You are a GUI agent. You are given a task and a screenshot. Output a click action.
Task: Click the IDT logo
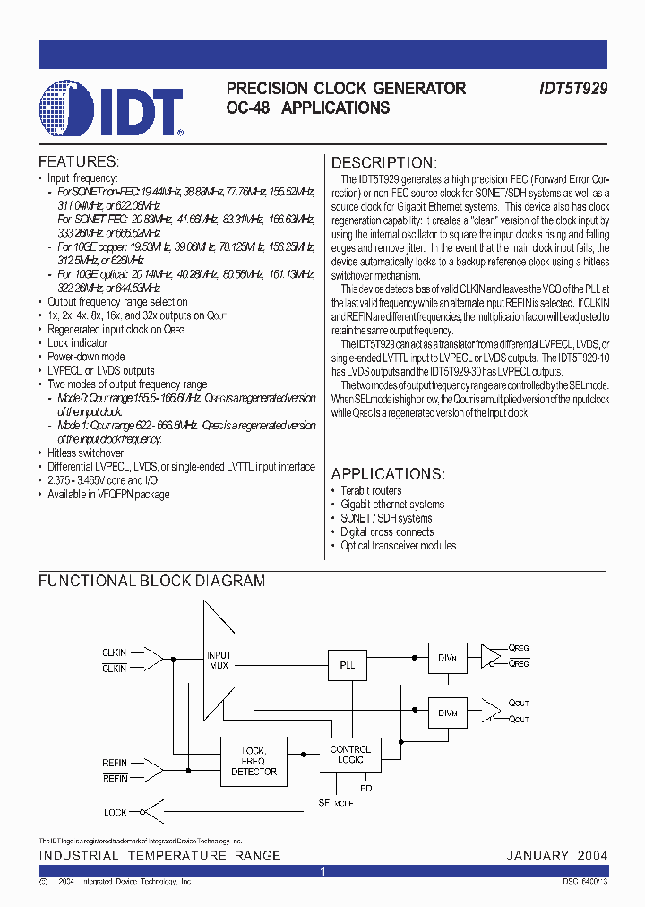click(112, 108)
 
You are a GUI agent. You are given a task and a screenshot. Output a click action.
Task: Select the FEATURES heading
click(78, 162)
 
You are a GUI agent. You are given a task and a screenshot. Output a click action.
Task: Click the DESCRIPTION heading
click(384, 163)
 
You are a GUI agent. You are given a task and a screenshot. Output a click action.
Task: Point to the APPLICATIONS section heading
click(388, 474)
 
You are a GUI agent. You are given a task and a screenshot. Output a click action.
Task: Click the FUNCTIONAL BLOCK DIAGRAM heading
click(151, 581)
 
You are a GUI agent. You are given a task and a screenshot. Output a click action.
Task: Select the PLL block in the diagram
click(348, 666)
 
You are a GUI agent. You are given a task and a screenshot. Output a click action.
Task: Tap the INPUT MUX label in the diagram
click(219, 661)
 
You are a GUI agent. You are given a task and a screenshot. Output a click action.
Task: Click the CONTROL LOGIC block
click(350, 755)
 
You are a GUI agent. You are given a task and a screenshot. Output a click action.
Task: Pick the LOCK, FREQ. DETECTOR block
click(254, 760)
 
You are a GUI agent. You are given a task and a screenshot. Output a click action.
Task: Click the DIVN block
click(447, 657)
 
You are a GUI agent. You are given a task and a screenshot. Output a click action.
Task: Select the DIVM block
click(447, 713)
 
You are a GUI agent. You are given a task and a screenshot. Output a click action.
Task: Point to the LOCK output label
click(116, 812)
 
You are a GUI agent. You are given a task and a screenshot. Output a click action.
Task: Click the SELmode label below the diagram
click(335, 803)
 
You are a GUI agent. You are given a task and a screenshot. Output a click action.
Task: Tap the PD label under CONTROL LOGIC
click(365, 788)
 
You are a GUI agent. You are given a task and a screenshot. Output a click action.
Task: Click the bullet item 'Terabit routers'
click(371, 491)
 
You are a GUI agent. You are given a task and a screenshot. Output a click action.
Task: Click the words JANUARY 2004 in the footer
click(556, 856)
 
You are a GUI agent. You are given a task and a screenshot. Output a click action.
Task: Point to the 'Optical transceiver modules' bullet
click(398, 546)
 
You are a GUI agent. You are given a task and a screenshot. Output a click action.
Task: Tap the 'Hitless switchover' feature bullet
click(85, 453)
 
